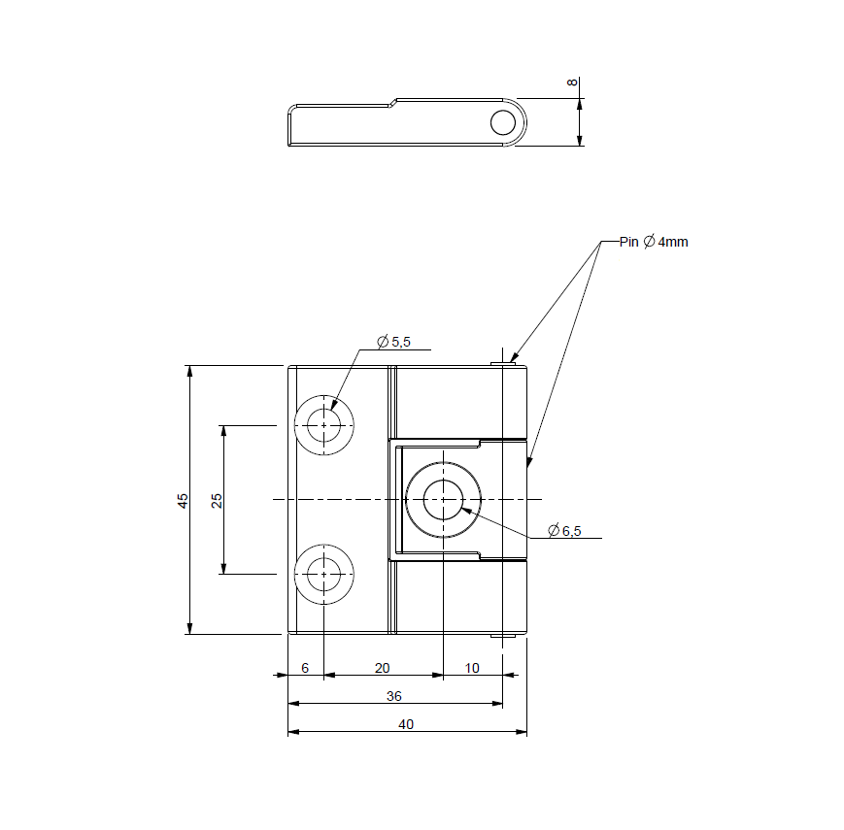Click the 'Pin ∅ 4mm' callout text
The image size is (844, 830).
pos(654,242)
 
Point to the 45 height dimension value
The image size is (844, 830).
pos(183,500)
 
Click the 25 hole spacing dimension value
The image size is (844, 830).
pos(217,500)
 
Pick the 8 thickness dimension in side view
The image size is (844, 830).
pos(572,83)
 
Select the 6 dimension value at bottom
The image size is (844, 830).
pos(305,668)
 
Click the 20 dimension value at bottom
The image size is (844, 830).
pos(382,668)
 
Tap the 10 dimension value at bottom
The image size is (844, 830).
pos(472,668)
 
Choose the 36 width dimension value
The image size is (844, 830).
pos(393,696)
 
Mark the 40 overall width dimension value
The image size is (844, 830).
pos(406,724)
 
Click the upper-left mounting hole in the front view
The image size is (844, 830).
pos(323,425)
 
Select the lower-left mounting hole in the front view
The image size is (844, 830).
pos(323,574)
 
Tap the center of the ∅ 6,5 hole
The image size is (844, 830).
pos(443,500)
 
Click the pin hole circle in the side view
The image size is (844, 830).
pos(503,122)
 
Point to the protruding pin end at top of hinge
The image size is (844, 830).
pos(502,363)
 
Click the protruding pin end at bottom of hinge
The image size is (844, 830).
pos(502,636)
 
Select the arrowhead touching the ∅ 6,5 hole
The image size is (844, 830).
pos(467,508)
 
